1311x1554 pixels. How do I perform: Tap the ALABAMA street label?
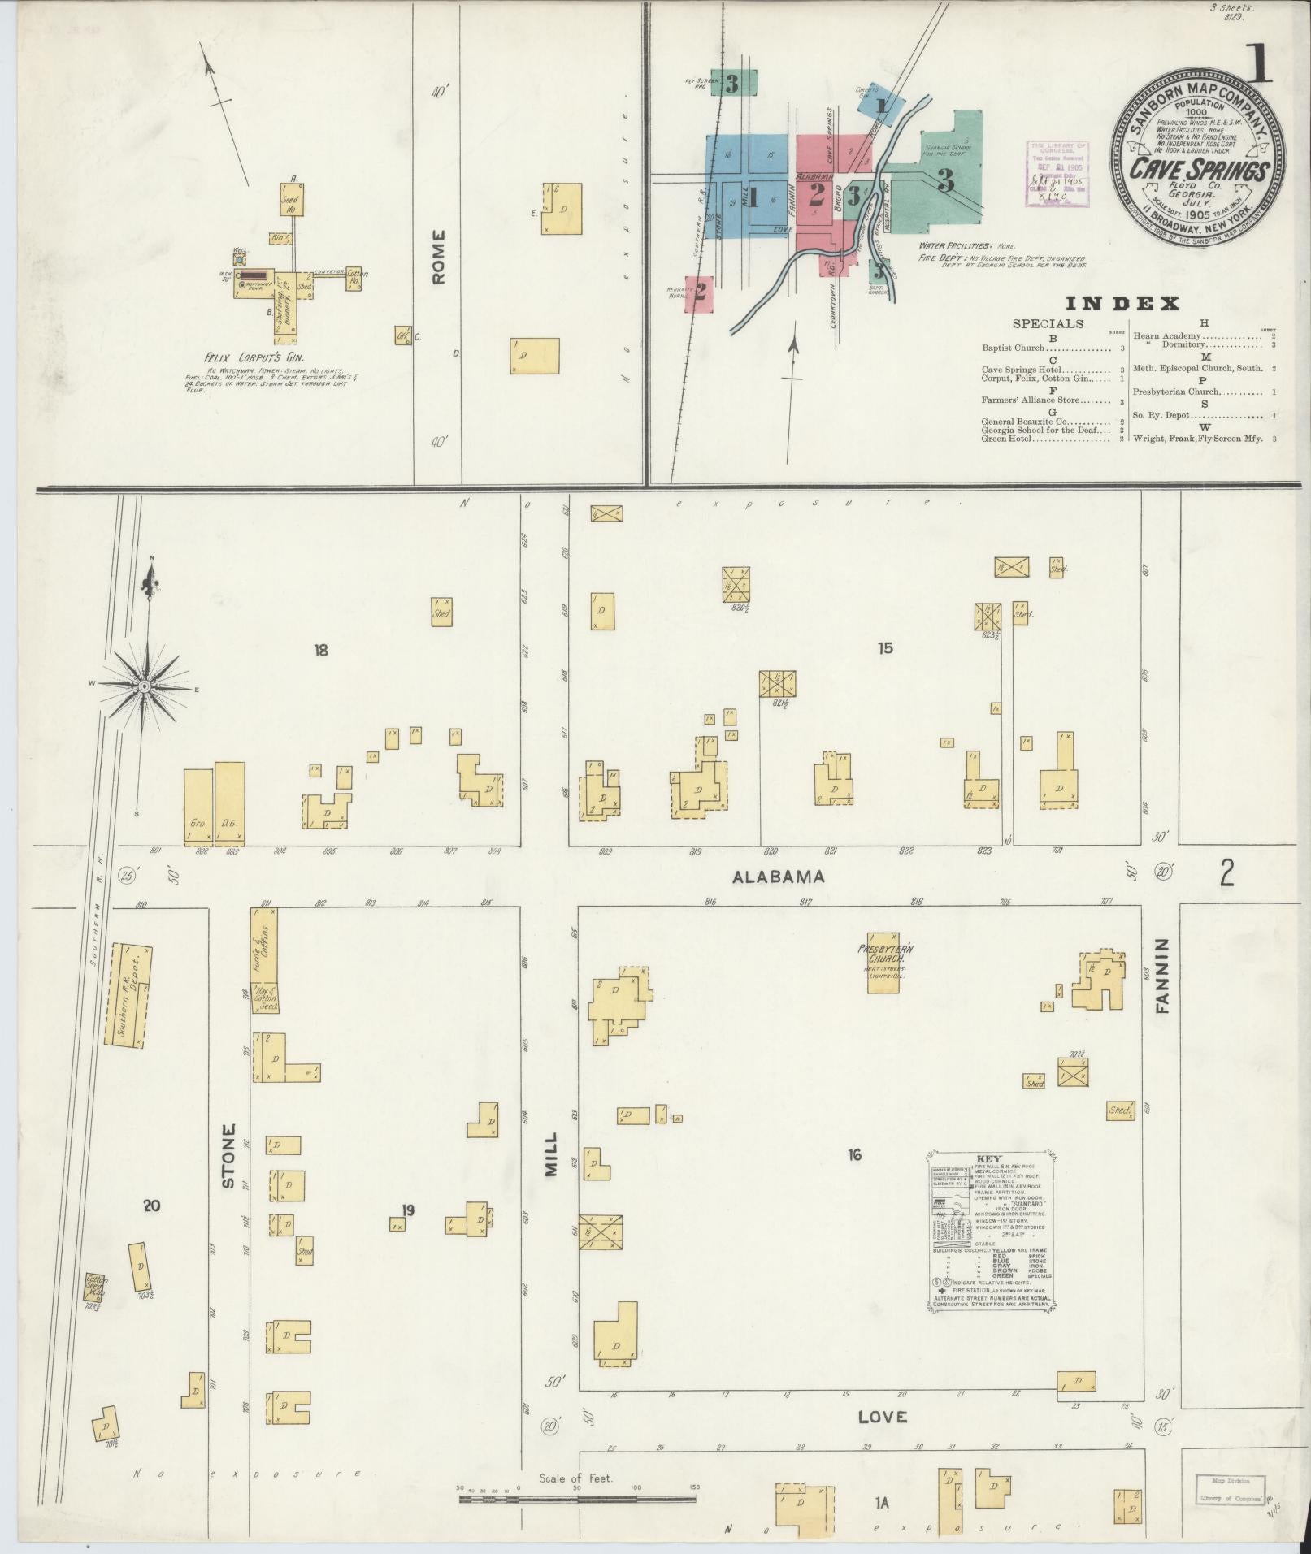(779, 877)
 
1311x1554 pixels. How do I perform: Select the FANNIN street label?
(1161, 976)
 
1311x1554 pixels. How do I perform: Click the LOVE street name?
(883, 1416)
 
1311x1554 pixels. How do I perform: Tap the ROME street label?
(439, 257)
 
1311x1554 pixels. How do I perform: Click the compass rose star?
(144, 686)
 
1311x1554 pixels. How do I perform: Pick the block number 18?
(321, 650)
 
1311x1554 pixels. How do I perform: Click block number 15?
(885, 647)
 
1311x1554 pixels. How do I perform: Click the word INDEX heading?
(1122, 304)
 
